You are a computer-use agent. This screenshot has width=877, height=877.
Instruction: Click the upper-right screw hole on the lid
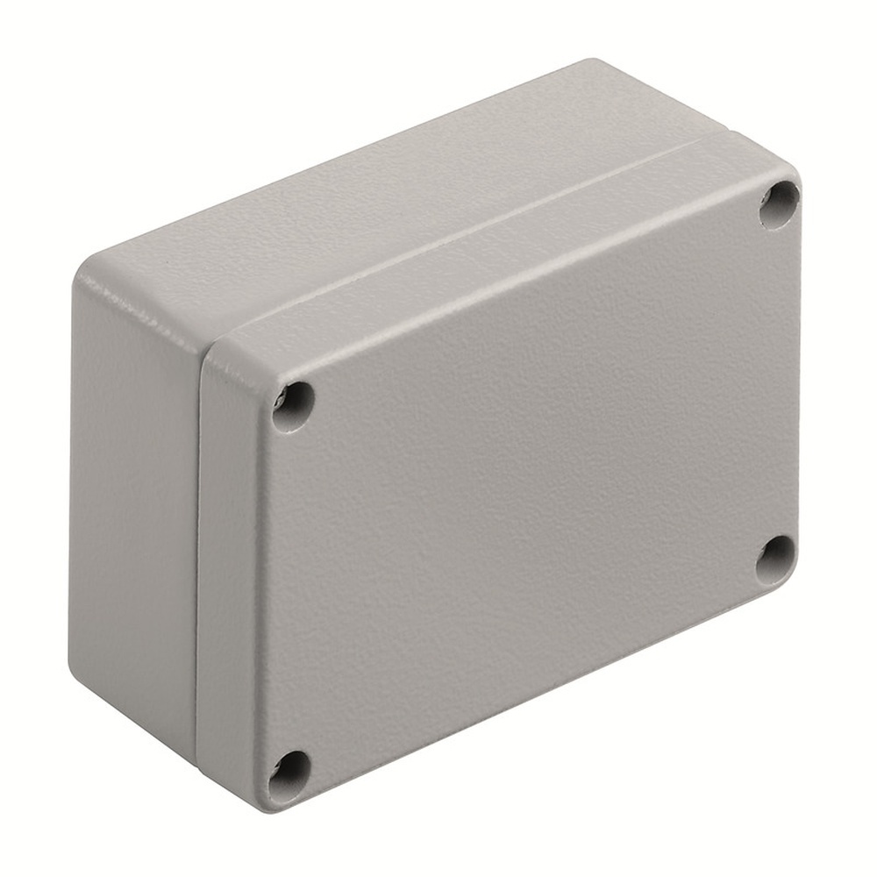(x=779, y=204)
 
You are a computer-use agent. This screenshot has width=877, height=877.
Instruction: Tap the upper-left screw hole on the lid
(x=293, y=406)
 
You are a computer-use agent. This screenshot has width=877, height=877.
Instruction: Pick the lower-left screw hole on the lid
(x=289, y=773)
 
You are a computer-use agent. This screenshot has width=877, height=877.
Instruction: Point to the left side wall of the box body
(x=132, y=509)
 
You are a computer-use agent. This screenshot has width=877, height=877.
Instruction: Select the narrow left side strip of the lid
(x=230, y=570)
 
